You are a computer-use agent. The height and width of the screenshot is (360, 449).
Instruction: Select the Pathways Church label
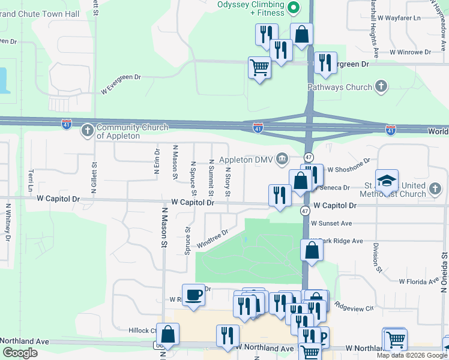pos(340,87)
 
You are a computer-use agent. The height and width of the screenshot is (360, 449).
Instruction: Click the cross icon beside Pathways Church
pos(381,87)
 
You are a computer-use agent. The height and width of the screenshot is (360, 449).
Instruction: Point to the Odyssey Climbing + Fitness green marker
pos(294,8)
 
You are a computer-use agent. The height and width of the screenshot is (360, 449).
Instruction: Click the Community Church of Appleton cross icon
pos(87,130)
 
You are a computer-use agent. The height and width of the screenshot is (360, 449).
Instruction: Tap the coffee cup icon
pos(193,295)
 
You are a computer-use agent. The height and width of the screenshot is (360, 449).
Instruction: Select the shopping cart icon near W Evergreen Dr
pos(259,67)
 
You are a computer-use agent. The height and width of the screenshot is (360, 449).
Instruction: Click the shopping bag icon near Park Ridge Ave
pos(312,250)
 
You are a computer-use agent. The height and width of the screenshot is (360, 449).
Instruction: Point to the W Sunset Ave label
pos(331,223)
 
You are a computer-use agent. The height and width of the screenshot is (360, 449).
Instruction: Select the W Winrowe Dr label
pos(410,52)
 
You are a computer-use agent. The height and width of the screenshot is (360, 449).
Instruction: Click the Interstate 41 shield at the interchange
pos(256,128)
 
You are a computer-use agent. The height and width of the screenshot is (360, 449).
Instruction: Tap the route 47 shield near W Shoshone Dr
pos(308,157)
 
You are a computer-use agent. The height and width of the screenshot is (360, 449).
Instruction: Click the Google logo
pos(20,353)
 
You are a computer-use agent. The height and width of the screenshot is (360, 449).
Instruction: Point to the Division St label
pos(376,258)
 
